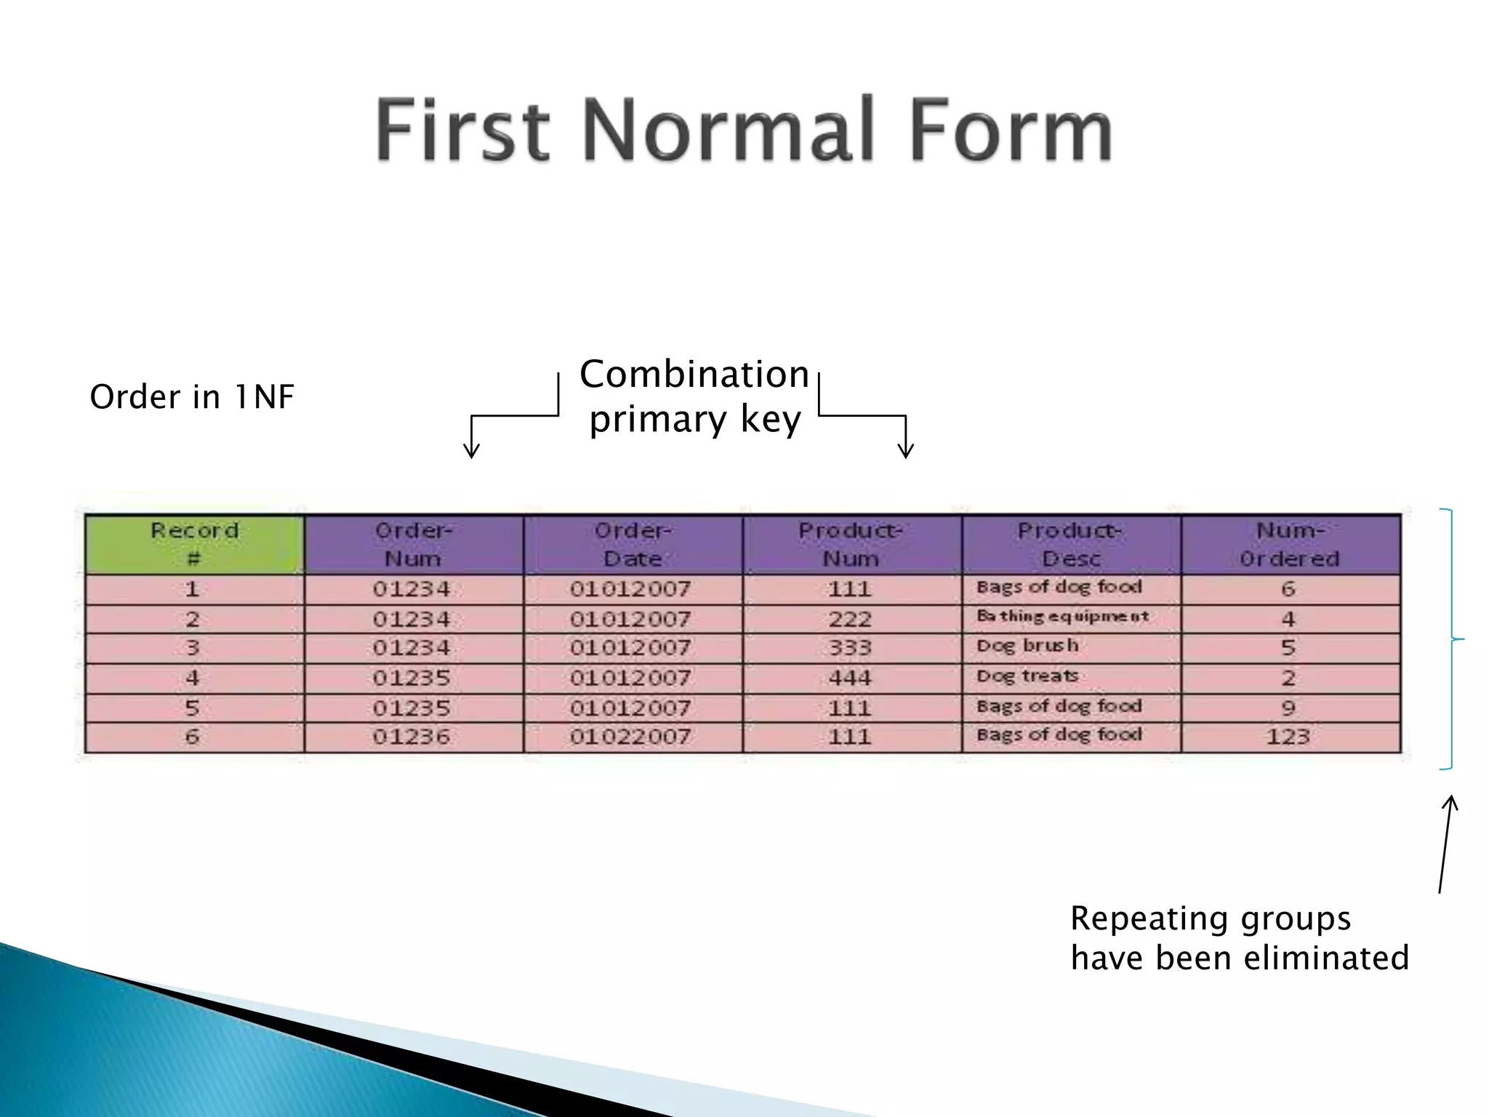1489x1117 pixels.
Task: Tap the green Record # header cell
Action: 194,545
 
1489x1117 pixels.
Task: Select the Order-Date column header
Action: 633,545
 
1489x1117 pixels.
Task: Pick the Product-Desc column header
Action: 1071,545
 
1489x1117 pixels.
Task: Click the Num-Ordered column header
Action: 1290,545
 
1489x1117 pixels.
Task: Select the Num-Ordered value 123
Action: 1288,737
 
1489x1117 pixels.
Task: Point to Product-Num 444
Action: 850,678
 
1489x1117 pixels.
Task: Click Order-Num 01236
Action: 412,737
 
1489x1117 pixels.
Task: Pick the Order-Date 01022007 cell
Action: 630,737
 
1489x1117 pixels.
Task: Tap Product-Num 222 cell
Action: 850,619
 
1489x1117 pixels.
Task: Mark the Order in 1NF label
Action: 191,397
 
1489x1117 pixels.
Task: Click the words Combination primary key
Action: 694,397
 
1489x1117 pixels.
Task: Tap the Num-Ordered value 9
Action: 1288,707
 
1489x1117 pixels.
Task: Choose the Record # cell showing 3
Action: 192,647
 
